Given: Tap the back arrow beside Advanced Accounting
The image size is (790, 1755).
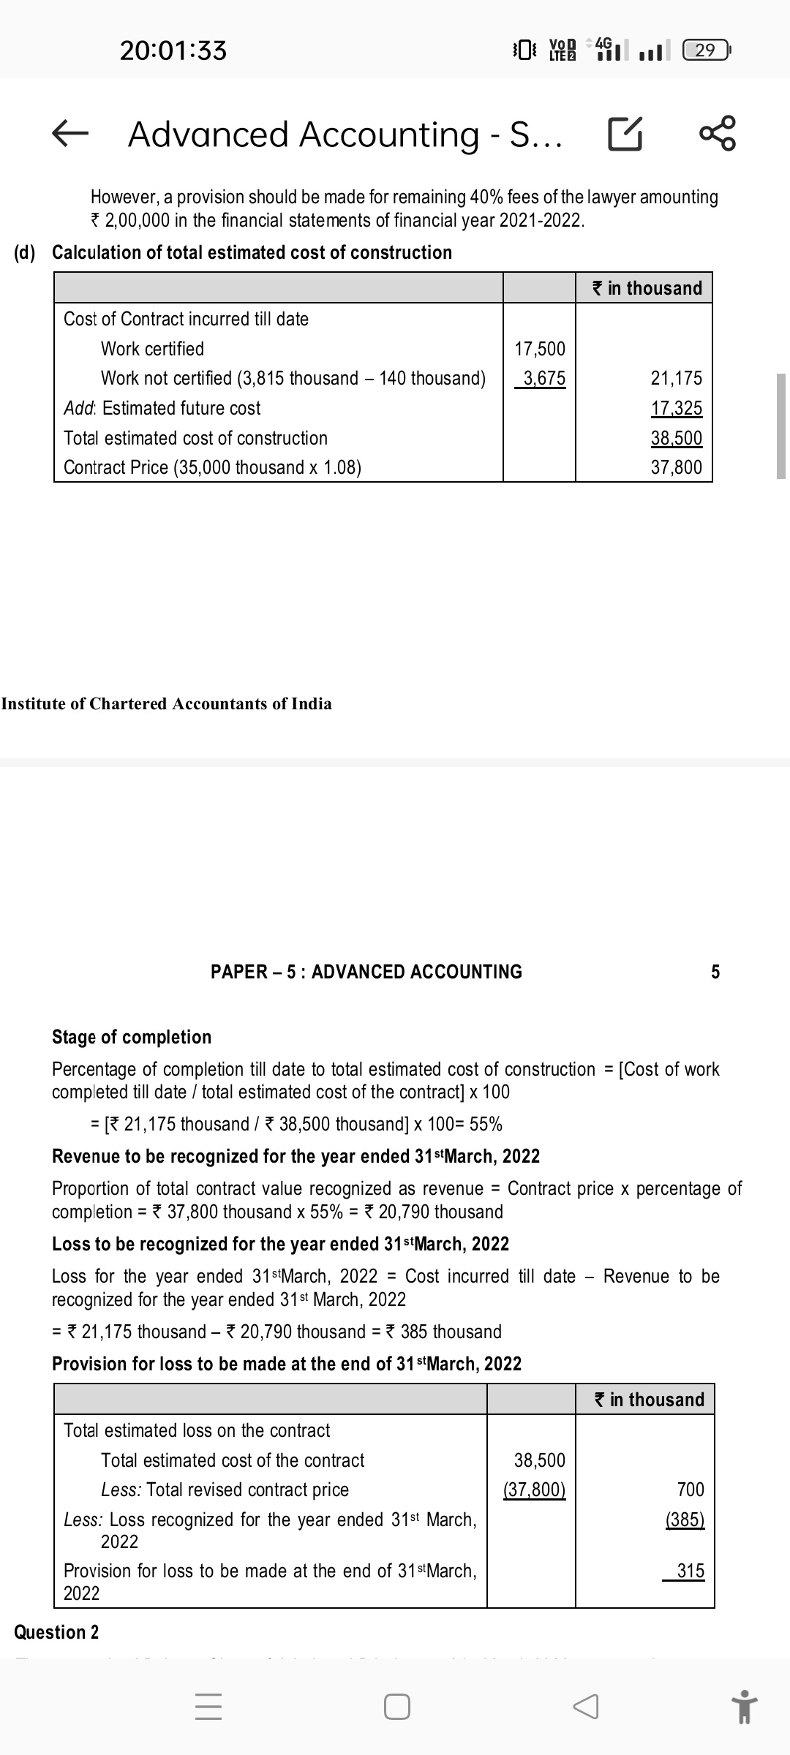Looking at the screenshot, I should point(71,134).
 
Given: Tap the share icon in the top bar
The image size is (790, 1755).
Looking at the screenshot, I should point(719,134).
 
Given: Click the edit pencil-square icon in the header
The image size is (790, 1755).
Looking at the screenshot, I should point(625,134).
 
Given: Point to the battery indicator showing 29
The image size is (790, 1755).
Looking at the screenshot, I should point(706,50).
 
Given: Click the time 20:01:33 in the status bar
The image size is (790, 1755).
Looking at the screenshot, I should point(173,50).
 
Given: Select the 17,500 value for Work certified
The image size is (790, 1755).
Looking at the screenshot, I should point(540,349).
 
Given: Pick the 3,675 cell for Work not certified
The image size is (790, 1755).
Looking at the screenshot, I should point(540,378).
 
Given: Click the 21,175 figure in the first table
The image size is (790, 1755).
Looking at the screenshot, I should point(676,378).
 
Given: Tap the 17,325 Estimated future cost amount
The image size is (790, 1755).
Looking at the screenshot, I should point(676,408).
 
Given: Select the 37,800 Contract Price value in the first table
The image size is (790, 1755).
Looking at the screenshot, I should point(676,467).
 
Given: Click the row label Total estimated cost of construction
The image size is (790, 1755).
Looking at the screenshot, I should point(195,438).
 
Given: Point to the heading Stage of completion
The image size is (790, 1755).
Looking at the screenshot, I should point(132,1037).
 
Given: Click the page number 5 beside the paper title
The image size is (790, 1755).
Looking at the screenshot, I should point(715,972).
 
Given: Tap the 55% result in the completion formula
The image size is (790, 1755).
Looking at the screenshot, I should point(486,1124).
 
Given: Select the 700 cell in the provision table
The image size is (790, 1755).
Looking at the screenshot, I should point(691,1490).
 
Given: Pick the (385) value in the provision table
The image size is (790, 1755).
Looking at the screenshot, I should point(685,1520).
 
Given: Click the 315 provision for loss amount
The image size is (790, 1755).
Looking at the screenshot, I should point(691,1571).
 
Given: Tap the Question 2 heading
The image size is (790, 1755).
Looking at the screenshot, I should point(57,1632).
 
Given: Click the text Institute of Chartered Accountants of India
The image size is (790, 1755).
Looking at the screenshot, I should point(166,703).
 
